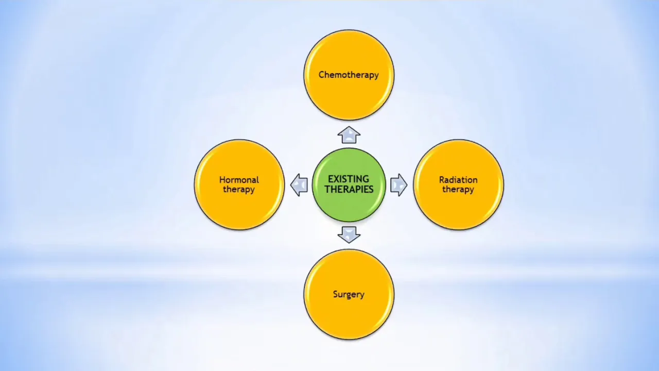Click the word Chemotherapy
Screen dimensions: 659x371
click(x=349, y=75)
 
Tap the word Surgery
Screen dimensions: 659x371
click(x=349, y=294)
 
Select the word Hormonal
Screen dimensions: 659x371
click(x=239, y=180)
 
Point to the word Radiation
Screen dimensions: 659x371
click(x=458, y=180)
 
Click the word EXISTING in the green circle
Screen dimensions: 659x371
click(x=349, y=179)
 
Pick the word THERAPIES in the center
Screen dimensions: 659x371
click(x=349, y=189)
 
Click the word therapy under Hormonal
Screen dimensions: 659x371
click(x=239, y=189)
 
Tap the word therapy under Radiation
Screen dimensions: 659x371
click(x=458, y=189)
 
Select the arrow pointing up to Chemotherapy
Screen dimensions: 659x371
click(x=349, y=135)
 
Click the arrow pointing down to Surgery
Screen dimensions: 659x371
click(x=349, y=234)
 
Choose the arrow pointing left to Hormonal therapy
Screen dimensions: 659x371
click(x=299, y=185)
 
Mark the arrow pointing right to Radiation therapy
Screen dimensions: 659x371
click(x=399, y=185)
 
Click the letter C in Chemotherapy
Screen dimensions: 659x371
click(x=322, y=75)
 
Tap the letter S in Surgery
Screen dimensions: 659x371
click(x=336, y=294)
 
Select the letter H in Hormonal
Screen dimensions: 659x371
click(x=223, y=180)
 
